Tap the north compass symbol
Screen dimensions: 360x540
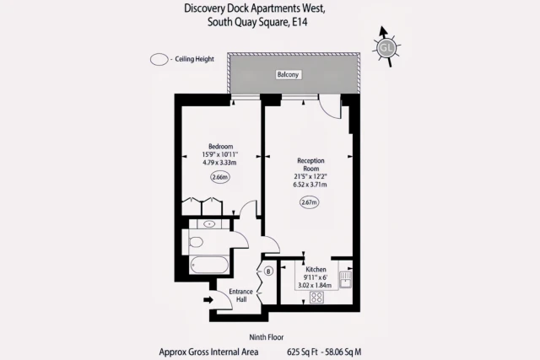(x=386, y=47)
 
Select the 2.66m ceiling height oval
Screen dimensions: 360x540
(x=219, y=177)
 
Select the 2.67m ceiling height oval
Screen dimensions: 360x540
(x=310, y=201)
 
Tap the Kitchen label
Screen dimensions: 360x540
(x=316, y=269)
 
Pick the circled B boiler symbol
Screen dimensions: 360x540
(x=268, y=271)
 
